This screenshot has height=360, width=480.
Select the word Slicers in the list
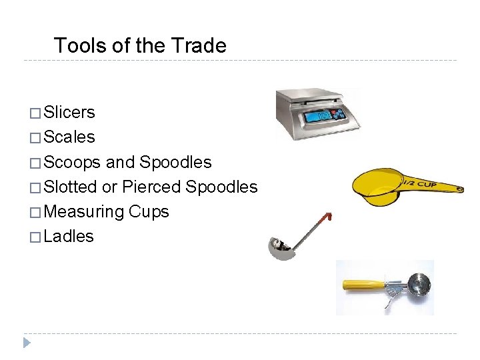click(69, 113)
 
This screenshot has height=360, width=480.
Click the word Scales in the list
click(69, 137)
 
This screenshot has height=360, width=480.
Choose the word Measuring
click(83, 212)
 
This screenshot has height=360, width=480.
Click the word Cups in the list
click(149, 212)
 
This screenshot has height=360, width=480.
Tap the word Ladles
click(68, 237)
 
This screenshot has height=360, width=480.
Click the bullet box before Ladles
click(35, 237)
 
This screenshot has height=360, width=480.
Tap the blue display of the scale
click(320, 117)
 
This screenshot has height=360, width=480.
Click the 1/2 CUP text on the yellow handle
click(419, 183)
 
